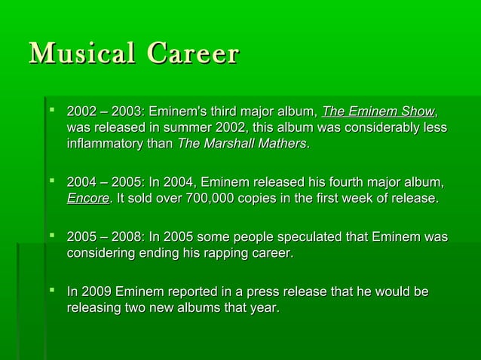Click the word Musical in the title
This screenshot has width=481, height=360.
click(x=83, y=54)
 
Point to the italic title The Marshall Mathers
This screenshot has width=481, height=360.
click(x=241, y=143)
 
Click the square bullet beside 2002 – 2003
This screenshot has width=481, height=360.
click(x=51, y=111)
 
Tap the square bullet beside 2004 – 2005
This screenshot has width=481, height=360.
click(x=51, y=182)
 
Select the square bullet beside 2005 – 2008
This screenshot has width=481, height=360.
click(x=51, y=236)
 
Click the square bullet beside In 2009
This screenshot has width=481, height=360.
click(x=51, y=291)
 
